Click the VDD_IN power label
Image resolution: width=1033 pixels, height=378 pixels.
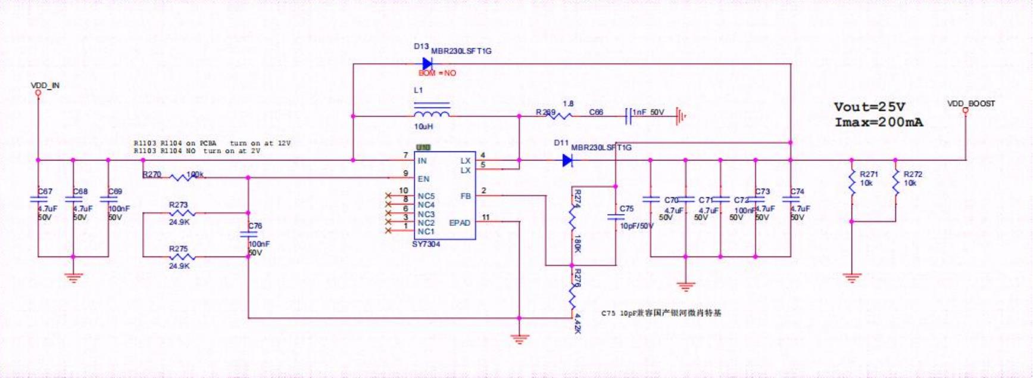pyautogui.click(x=45, y=86)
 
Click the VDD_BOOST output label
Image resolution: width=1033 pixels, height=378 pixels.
pyautogui.click(x=971, y=104)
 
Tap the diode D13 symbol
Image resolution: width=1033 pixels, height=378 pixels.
pyautogui.click(x=427, y=63)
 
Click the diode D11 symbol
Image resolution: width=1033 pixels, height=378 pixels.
pyautogui.click(x=568, y=160)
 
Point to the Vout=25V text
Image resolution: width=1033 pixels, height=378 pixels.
pyautogui.click(x=869, y=107)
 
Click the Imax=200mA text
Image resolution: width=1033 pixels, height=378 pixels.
pyautogui.click(x=879, y=122)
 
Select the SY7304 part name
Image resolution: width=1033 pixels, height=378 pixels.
pyautogui.click(x=426, y=244)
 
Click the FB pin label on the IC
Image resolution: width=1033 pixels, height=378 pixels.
pyautogui.click(x=466, y=196)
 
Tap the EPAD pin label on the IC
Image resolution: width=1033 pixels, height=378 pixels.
pyautogui.click(x=460, y=223)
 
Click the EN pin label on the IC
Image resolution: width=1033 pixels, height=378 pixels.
pyautogui.click(x=423, y=179)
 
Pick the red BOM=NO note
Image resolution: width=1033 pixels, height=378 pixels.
pyautogui.click(x=437, y=73)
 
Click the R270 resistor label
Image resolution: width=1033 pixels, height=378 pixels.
pyautogui.click(x=152, y=175)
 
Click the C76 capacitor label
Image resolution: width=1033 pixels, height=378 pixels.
pyautogui.click(x=255, y=226)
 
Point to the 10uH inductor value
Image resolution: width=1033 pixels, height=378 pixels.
pyautogui.click(x=423, y=127)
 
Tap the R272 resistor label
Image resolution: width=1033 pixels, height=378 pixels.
pyautogui.click(x=913, y=174)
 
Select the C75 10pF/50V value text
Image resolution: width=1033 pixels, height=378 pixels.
pyautogui.click(x=636, y=226)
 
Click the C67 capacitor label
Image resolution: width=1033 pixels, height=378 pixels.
pyautogui.click(x=45, y=191)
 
